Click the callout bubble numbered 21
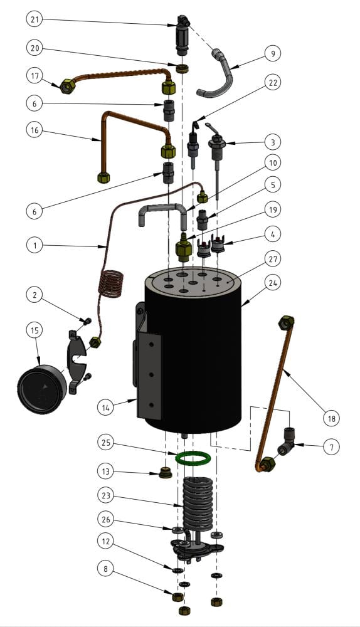pyautogui.click(x=34, y=19)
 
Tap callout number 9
pyautogui.click(x=273, y=53)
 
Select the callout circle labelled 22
pyautogui.click(x=273, y=82)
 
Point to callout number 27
pyautogui.click(x=273, y=259)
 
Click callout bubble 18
pyautogui.click(x=331, y=418)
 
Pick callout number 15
pyautogui.click(x=34, y=330)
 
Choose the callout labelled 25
pyautogui.click(x=105, y=443)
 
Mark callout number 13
pyautogui.click(x=105, y=472)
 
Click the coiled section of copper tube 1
pyautogui.click(x=111, y=284)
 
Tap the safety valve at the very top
pyautogui.click(x=182, y=35)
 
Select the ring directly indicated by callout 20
pyautogui.click(x=183, y=68)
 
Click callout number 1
pyautogui.click(x=34, y=245)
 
